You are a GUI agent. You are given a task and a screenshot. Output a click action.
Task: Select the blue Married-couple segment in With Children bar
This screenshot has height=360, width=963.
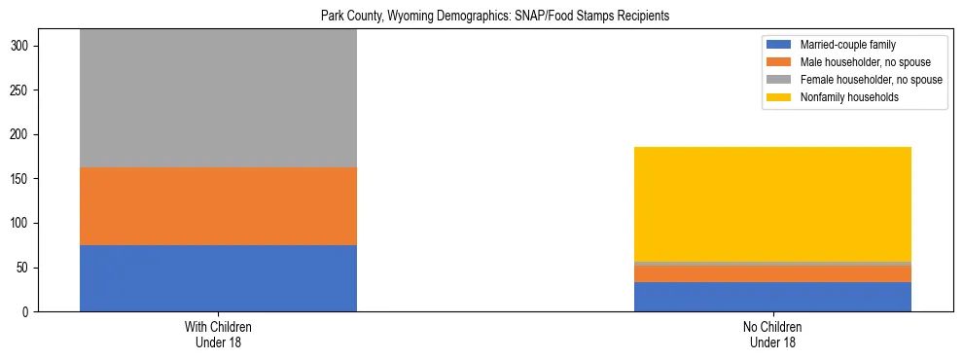[218, 277]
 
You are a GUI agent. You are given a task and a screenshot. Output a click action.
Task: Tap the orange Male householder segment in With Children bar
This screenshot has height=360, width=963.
[218, 206]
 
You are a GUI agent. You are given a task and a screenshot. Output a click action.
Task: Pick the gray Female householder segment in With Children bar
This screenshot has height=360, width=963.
[218, 97]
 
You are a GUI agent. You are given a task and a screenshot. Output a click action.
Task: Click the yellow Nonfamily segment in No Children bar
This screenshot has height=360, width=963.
[772, 204]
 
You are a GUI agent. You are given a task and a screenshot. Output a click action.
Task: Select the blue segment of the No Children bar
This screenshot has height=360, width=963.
[772, 297]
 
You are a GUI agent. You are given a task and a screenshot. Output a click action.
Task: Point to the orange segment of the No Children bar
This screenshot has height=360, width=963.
[772, 274]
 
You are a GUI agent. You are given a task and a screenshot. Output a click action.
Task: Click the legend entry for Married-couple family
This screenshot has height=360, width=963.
[847, 45]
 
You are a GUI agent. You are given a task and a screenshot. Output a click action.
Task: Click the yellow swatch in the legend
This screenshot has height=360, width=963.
[779, 97]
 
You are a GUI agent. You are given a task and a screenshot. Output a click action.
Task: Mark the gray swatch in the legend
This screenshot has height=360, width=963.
[779, 80]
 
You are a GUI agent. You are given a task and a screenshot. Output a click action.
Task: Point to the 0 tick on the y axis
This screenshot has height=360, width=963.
[28, 312]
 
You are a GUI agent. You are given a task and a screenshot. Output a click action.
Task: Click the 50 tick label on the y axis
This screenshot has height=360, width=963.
[25, 268]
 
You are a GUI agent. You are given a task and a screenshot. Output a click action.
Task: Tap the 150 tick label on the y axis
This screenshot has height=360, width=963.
[22, 179]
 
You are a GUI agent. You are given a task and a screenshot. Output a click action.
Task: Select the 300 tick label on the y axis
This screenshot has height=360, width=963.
[22, 46]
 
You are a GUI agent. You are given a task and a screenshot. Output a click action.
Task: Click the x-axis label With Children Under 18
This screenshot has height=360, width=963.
[218, 334]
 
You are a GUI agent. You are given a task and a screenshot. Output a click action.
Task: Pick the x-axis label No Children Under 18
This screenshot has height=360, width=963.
[772, 334]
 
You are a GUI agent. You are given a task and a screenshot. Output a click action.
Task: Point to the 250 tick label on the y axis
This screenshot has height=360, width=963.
[22, 90]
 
